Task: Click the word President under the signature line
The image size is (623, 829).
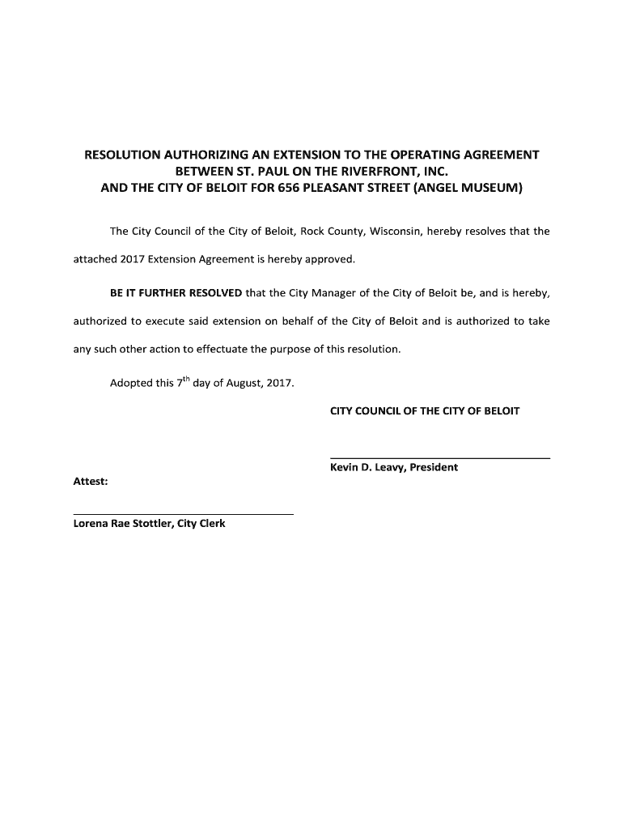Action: tap(434, 467)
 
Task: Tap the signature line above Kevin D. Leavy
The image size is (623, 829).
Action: tap(440, 458)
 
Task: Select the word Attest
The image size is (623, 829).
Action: tap(91, 482)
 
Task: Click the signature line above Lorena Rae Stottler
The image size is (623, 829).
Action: tap(184, 514)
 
